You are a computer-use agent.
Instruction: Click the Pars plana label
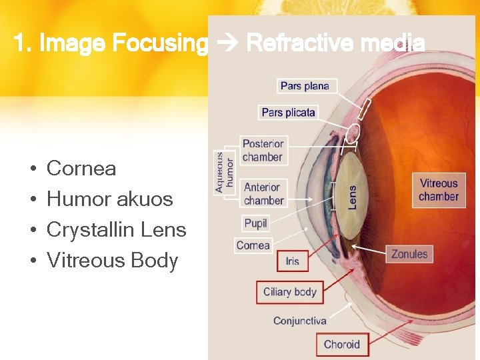[305, 86]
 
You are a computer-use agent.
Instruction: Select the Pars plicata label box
[288, 113]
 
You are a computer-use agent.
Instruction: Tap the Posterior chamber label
[263, 151]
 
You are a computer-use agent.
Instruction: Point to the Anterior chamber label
[263, 194]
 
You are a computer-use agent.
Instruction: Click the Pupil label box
[255, 223]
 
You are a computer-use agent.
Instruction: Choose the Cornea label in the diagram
[253, 245]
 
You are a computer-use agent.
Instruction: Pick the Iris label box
[292, 261]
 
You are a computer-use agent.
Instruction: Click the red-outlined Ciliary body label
[290, 292]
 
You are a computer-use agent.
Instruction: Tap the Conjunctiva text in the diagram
[300, 321]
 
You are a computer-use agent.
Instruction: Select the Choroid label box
[341, 345]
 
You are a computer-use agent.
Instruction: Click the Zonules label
[409, 254]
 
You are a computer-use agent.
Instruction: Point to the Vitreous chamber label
[439, 190]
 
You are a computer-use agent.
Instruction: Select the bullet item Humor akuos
[109, 199]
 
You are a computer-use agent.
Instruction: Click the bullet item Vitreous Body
[112, 261]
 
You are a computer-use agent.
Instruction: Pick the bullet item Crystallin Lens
[116, 230]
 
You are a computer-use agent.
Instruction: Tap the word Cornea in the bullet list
[81, 169]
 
